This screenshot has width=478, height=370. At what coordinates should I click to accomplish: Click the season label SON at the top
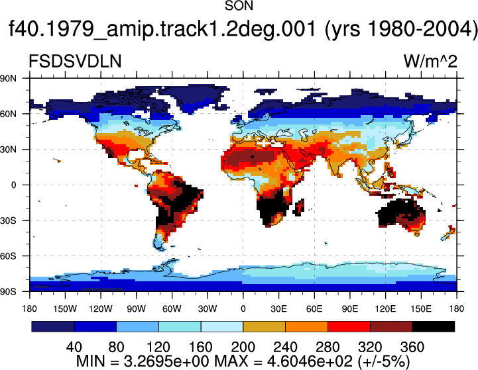click(x=239, y=6)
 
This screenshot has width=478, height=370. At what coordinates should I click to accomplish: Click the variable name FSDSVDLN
click(x=75, y=61)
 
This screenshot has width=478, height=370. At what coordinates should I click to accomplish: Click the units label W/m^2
click(x=430, y=61)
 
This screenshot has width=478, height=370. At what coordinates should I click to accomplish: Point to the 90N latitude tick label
click(x=8, y=79)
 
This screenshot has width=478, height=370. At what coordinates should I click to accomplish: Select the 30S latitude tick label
click(x=8, y=220)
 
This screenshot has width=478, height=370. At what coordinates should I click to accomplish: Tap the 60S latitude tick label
click(x=8, y=256)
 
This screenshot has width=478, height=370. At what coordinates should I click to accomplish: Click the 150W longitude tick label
click(x=65, y=309)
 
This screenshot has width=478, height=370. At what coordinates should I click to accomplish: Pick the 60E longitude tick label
click(x=314, y=309)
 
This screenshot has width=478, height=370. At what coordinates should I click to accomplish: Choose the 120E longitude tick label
click(x=385, y=309)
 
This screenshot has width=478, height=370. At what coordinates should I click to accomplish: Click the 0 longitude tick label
click(x=243, y=309)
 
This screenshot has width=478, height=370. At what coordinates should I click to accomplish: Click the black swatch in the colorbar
click(x=433, y=326)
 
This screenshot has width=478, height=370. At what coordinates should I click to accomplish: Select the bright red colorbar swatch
click(x=349, y=326)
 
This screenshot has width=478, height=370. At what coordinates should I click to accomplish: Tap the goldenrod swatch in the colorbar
click(x=265, y=326)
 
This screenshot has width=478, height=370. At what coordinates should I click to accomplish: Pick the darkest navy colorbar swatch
click(x=53, y=326)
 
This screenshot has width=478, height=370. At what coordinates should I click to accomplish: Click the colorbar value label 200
click(x=243, y=347)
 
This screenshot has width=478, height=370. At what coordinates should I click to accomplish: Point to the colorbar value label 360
click(x=412, y=347)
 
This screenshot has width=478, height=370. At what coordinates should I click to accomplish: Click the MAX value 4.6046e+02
click(x=310, y=361)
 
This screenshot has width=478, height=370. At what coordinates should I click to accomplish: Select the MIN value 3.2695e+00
click(x=166, y=361)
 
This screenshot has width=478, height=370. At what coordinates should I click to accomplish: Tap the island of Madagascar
click(x=300, y=208)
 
